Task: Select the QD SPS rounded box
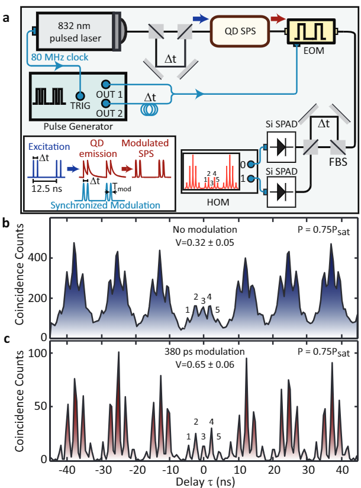coord(240,31)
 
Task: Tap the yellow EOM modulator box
coord(311,32)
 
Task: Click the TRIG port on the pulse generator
coord(80,95)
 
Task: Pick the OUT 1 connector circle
coord(106,84)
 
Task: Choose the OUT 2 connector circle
coord(106,103)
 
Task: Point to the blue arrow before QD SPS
coord(201,19)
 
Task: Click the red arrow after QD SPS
coord(278,19)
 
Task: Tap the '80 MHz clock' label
coord(60,57)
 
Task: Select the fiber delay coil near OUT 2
coord(150,109)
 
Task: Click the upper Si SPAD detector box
coord(281,147)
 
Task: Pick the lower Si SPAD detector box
coord(281,192)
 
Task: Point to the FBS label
coord(338,162)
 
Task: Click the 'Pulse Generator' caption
coord(78,127)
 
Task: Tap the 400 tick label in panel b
coord(37,258)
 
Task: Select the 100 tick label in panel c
coord(38,353)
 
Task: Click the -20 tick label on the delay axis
coord(137,470)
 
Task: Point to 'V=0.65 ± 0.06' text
coord(205,364)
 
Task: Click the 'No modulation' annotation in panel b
coord(205,230)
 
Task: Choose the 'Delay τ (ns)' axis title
coord(205,481)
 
